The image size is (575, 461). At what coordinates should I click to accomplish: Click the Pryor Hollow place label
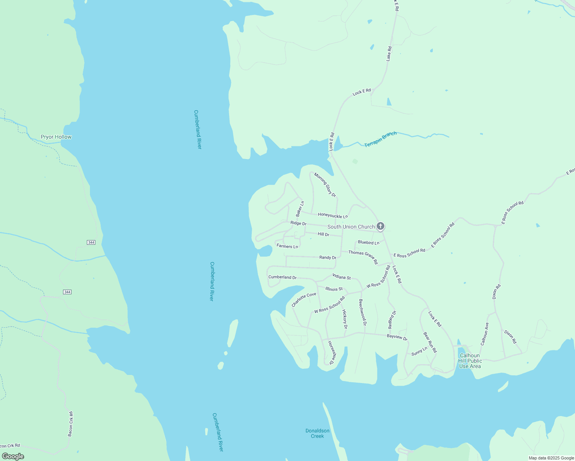click(x=56, y=137)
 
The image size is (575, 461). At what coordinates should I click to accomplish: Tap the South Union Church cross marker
click(x=380, y=226)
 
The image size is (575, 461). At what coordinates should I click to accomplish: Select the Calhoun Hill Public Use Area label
click(x=470, y=361)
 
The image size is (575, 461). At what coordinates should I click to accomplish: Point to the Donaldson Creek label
click(x=317, y=433)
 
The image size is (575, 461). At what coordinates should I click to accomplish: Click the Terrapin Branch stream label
click(x=380, y=139)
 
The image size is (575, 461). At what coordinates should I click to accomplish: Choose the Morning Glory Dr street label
click(x=325, y=185)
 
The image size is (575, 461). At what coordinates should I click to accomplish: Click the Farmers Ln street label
click(x=287, y=246)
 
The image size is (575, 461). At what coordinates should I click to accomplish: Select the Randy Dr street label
click(x=328, y=257)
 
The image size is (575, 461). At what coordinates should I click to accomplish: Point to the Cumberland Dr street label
click(x=283, y=277)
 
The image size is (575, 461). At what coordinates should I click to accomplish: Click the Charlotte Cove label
click(x=304, y=300)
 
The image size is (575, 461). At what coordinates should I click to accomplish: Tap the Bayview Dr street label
click(x=397, y=337)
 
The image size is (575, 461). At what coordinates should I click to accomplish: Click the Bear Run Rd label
click(x=430, y=343)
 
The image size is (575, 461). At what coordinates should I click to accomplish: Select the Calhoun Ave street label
click(x=485, y=334)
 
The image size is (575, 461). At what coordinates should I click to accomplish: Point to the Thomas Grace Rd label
click(x=363, y=257)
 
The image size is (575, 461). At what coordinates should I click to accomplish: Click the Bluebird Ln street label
click(x=369, y=242)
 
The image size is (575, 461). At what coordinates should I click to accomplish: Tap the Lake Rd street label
click(x=389, y=54)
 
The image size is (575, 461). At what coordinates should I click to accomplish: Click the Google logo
click(x=13, y=456)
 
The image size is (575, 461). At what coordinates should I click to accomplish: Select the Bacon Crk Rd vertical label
click(x=70, y=424)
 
